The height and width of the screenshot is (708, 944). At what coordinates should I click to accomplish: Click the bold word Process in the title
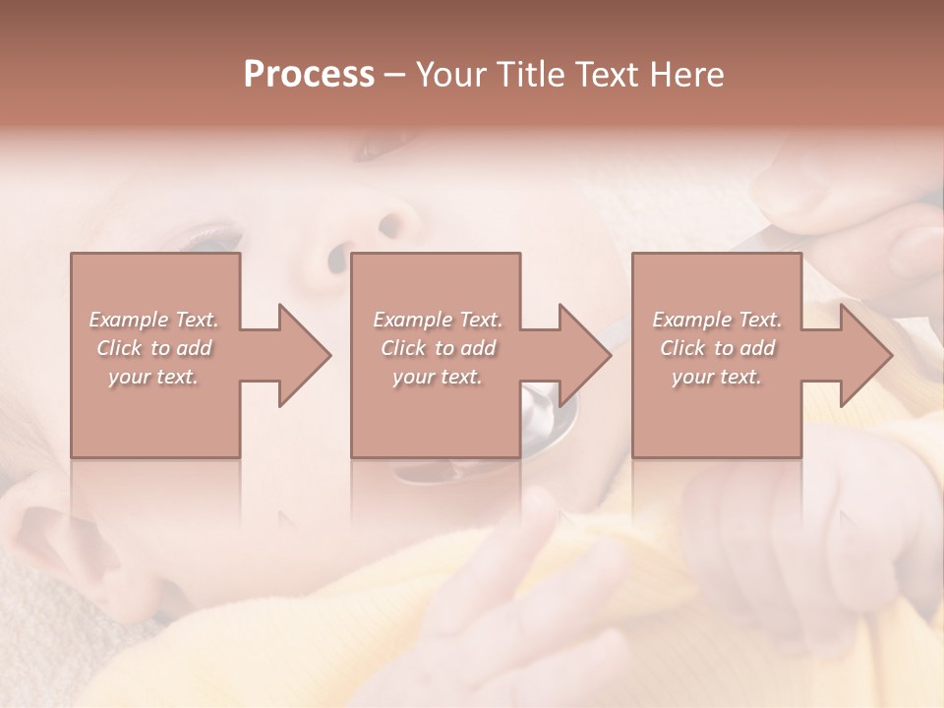pos(309,75)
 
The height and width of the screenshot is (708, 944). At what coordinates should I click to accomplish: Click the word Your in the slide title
pos(449,75)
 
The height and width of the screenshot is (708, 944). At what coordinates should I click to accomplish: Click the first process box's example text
pos(154,348)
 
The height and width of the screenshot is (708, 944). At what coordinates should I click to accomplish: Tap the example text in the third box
pos(717,348)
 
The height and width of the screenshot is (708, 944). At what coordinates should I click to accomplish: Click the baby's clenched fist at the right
pos(757,511)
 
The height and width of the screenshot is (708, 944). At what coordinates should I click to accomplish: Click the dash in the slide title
pos(395,75)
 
